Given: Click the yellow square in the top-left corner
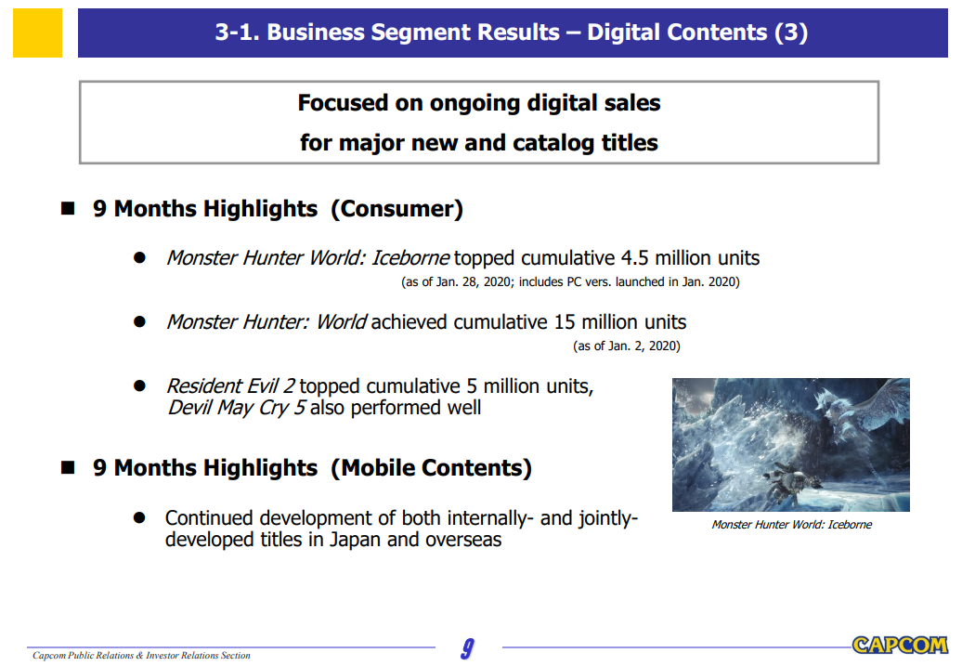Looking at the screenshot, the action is click(x=37, y=33).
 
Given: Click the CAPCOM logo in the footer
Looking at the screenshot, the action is click(x=900, y=646).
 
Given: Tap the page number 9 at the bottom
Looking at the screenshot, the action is click(x=467, y=648).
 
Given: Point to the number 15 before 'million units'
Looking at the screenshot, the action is click(x=565, y=322).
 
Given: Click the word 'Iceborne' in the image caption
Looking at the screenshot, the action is click(x=850, y=525).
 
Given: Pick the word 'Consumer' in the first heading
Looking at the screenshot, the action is click(x=396, y=209).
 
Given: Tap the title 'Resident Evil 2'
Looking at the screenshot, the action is click(x=230, y=386).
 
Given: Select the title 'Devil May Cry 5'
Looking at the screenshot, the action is click(x=237, y=408).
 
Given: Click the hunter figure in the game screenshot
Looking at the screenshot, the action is click(x=784, y=482).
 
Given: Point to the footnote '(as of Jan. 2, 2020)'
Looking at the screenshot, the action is click(x=627, y=346).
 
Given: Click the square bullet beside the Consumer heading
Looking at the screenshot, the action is click(x=68, y=209).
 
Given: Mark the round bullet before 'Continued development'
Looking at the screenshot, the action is click(x=139, y=518).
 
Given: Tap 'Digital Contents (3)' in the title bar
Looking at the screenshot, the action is click(x=697, y=32).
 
